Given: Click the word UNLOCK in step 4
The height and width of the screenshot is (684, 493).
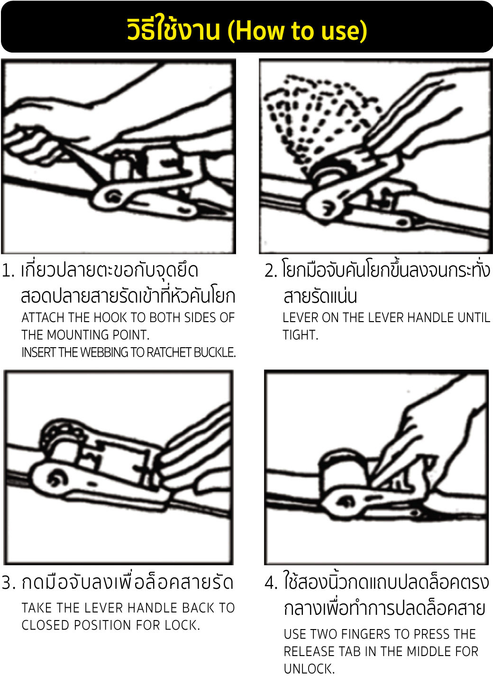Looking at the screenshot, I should click(309, 669).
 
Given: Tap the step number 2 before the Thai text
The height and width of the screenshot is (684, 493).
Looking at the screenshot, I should click(270, 271).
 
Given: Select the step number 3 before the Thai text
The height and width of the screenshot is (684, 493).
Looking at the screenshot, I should click(8, 583).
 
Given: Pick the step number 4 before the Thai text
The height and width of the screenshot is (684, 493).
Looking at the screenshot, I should click(271, 583).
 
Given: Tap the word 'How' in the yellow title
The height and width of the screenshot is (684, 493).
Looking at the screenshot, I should click(260, 31).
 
